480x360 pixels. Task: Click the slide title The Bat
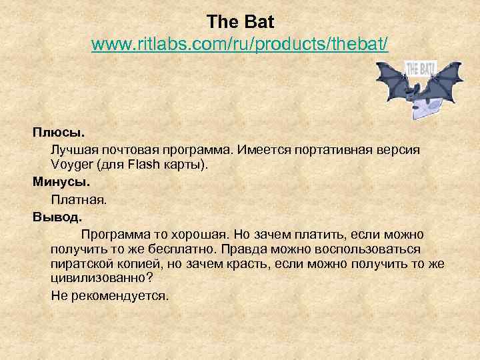(x=240, y=22)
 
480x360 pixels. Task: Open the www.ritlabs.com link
(x=240, y=45)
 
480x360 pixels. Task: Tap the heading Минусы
(x=61, y=181)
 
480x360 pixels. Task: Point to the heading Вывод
(x=57, y=216)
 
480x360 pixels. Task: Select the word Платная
(x=79, y=199)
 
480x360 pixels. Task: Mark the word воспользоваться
(x=361, y=249)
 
